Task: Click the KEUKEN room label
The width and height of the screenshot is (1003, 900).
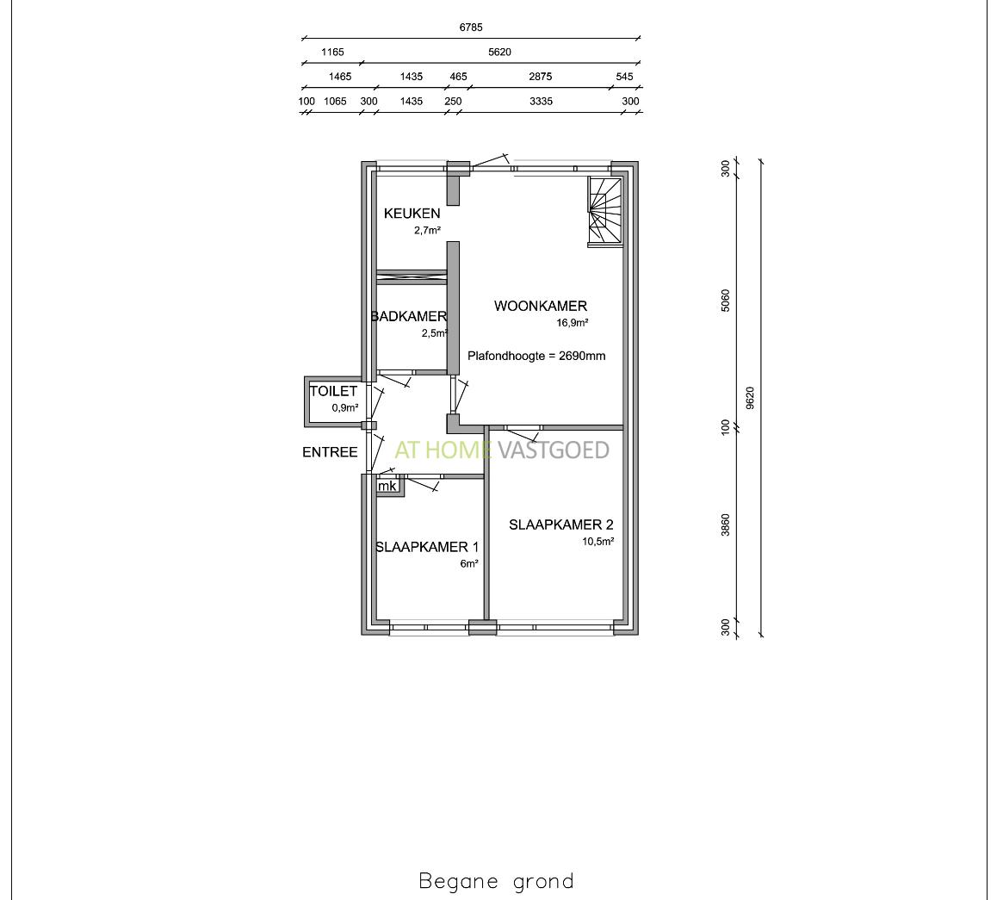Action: coord(412,214)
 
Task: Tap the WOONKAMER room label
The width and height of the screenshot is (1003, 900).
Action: coord(541,306)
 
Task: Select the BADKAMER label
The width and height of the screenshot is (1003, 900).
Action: coord(409,316)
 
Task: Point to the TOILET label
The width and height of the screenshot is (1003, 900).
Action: coord(333,391)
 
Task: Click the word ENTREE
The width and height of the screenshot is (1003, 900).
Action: coord(330,452)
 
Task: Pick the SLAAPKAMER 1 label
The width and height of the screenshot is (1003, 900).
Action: coord(427,547)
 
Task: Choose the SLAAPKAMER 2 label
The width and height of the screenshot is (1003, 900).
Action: coord(561,524)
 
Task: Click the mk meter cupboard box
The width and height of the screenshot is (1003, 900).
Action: coord(387,487)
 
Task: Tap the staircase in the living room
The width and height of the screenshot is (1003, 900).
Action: coord(605,212)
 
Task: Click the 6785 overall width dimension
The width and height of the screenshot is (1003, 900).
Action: coord(471,28)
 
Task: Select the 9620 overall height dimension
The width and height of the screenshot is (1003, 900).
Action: coord(751,398)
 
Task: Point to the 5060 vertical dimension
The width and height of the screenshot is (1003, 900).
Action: coord(726,301)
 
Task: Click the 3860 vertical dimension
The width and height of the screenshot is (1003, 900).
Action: coord(726,524)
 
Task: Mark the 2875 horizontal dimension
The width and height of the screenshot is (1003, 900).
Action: coord(541,76)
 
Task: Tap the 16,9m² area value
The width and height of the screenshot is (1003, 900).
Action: coord(572,323)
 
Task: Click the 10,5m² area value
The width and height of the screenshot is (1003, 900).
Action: coord(598,542)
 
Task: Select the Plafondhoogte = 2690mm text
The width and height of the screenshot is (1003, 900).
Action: coord(536,356)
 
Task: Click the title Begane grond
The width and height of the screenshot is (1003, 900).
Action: coord(497,881)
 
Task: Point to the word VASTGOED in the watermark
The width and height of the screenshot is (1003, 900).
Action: coord(554,450)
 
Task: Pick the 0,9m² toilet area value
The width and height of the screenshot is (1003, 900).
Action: coord(344,407)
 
